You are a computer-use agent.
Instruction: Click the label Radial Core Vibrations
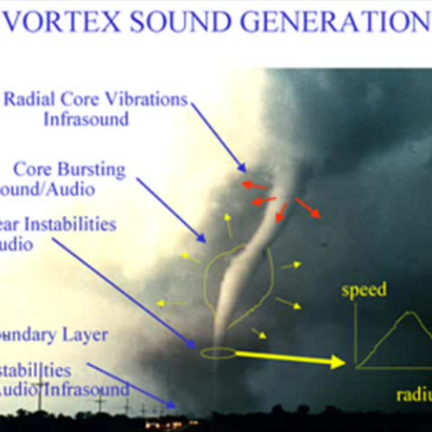click(x=95, y=98)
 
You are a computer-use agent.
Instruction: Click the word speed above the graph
click(x=364, y=290)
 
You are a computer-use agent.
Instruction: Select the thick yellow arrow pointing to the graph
click(x=290, y=358)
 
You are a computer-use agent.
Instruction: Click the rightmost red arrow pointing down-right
click(x=308, y=208)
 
